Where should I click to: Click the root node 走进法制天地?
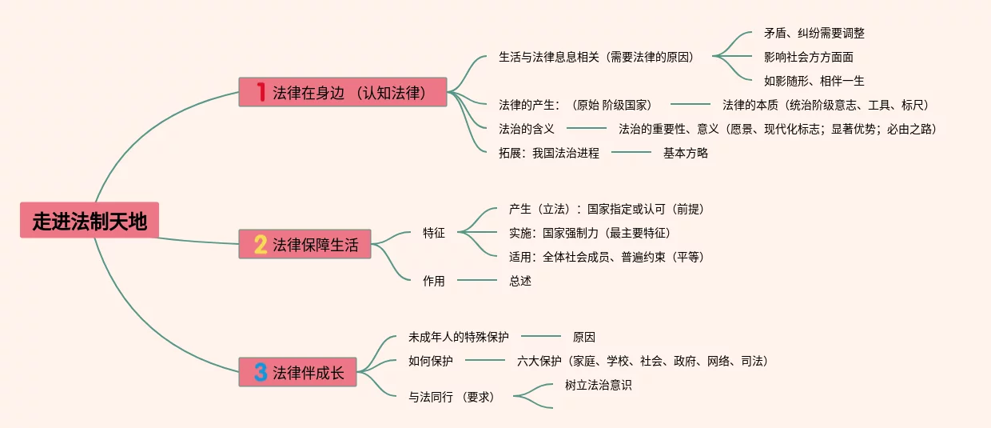(90, 221)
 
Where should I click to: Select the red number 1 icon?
(260, 92)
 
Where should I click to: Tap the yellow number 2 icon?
(261, 244)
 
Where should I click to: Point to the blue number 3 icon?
(261, 372)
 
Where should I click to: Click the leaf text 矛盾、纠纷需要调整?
(814, 34)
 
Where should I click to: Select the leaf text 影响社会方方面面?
(808, 57)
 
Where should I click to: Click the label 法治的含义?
(527, 129)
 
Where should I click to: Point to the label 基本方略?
(685, 153)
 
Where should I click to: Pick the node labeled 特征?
(434, 233)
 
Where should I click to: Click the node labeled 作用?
(434, 281)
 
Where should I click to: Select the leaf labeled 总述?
(520, 281)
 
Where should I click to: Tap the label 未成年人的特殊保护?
(458, 337)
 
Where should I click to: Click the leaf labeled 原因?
(583, 337)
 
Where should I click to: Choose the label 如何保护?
(431, 361)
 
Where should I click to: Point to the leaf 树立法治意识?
(598, 385)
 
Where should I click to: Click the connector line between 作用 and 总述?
(476, 280)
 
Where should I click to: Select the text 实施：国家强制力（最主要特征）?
(589, 233)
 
